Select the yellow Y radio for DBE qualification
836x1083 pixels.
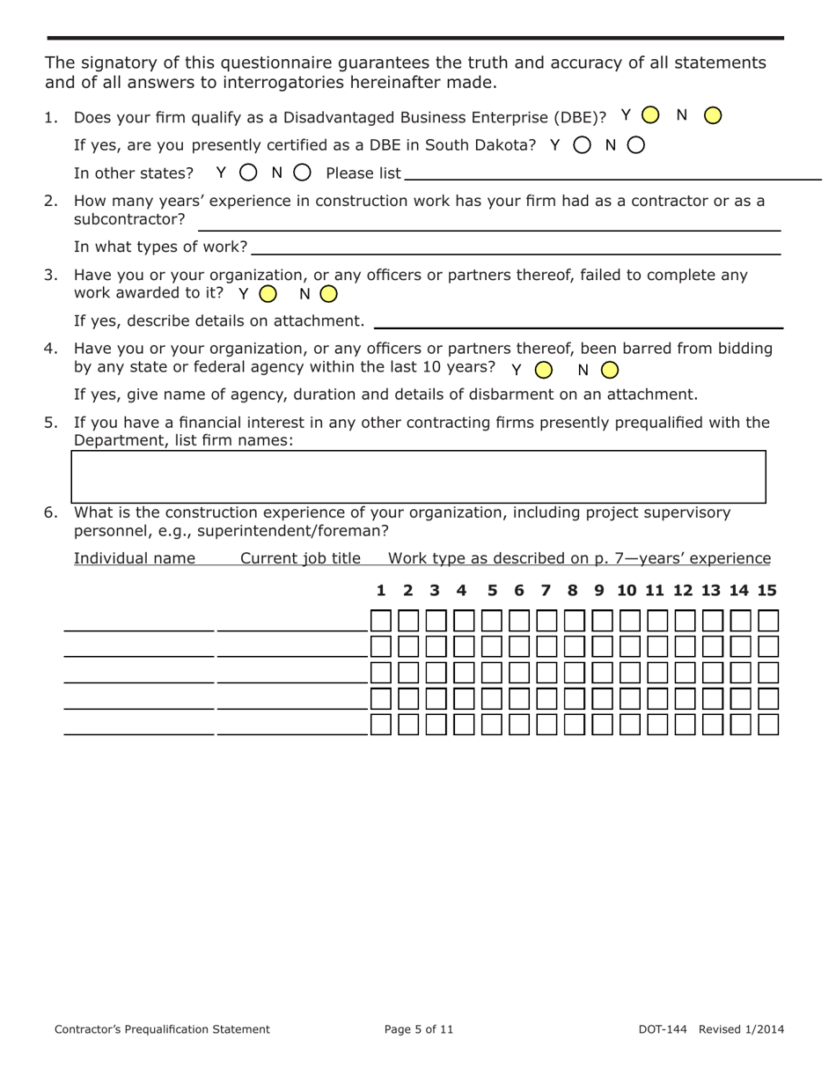(650, 115)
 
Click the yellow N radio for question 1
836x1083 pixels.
(714, 115)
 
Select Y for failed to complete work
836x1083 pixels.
(268, 293)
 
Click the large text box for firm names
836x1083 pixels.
(418, 476)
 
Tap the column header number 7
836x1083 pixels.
(546, 590)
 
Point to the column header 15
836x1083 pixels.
(766, 590)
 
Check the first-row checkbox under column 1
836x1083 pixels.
(381, 621)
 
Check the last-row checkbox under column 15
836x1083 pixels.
(768, 725)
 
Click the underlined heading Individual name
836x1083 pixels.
(135, 558)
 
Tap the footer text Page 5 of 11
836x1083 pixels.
(419, 1028)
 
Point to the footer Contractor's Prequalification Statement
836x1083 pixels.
(162, 1028)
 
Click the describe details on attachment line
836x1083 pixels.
(577, 321)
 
